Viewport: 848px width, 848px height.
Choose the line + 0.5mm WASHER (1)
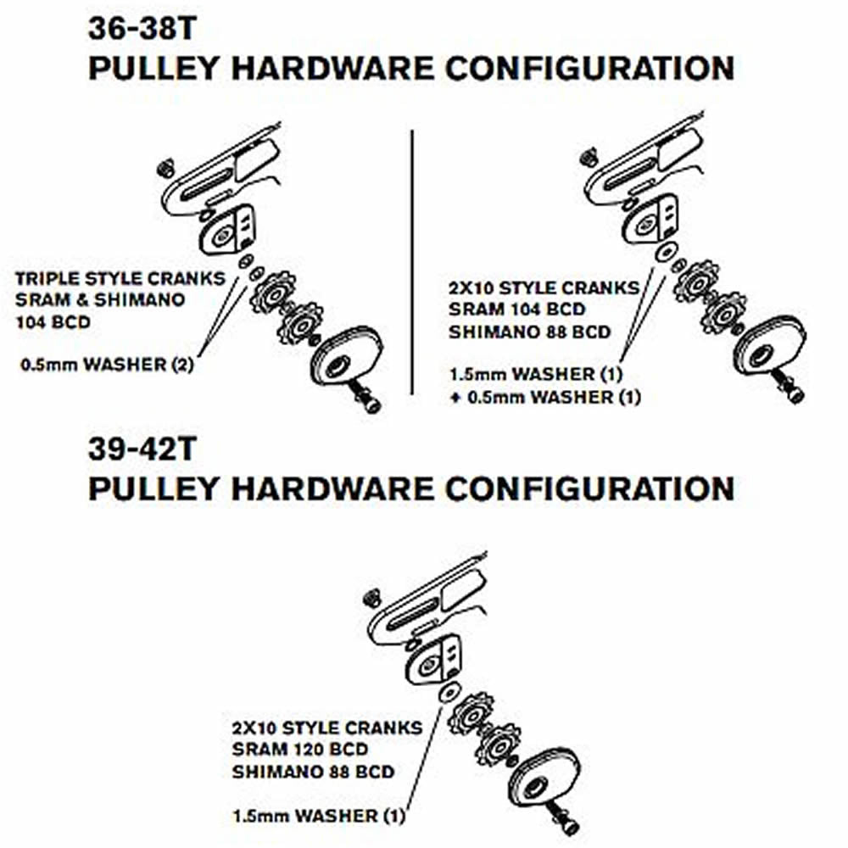544,397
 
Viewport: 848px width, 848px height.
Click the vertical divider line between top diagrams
411,262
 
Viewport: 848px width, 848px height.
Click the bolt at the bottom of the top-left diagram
367,399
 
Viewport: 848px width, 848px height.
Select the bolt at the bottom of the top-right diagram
791,390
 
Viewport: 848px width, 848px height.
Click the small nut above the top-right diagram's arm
587,157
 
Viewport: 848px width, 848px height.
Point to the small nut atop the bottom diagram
371,598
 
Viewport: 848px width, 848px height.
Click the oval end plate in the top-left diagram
347,356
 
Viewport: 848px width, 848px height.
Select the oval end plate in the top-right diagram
768,347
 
